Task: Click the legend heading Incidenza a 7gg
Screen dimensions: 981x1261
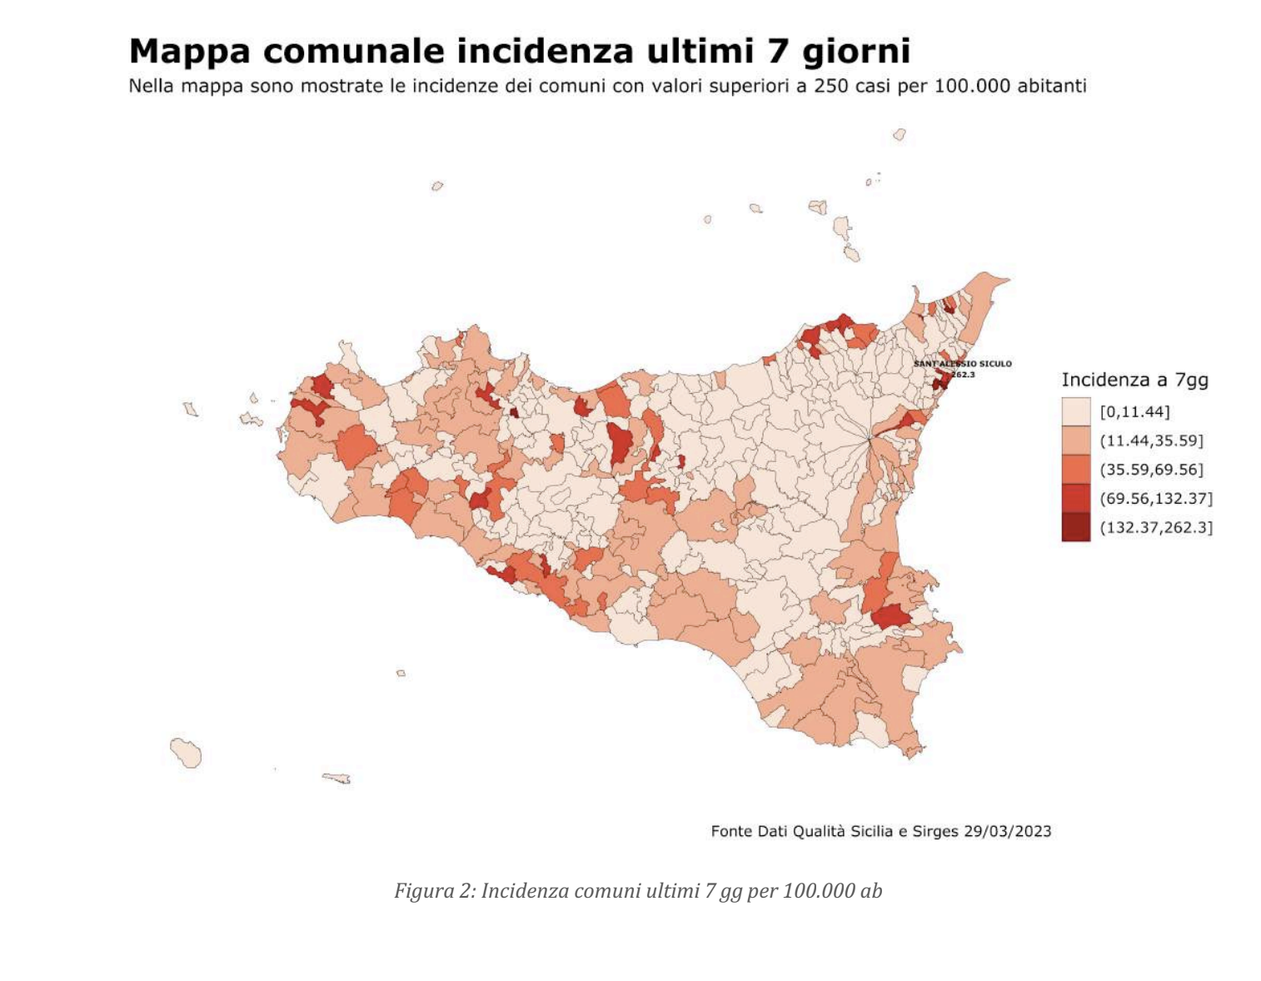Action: point(1134,380)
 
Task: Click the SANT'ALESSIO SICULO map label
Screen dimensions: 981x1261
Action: point(963,364)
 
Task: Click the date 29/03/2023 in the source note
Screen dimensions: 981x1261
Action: point(1007,831)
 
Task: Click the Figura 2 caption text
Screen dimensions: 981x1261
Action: point(637,891)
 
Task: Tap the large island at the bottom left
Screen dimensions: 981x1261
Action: point(186,752)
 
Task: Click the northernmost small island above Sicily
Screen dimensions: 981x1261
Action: point(899,134)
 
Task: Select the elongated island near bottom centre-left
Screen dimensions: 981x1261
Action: point(336,778)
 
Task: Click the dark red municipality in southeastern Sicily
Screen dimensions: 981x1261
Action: point(890,617)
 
